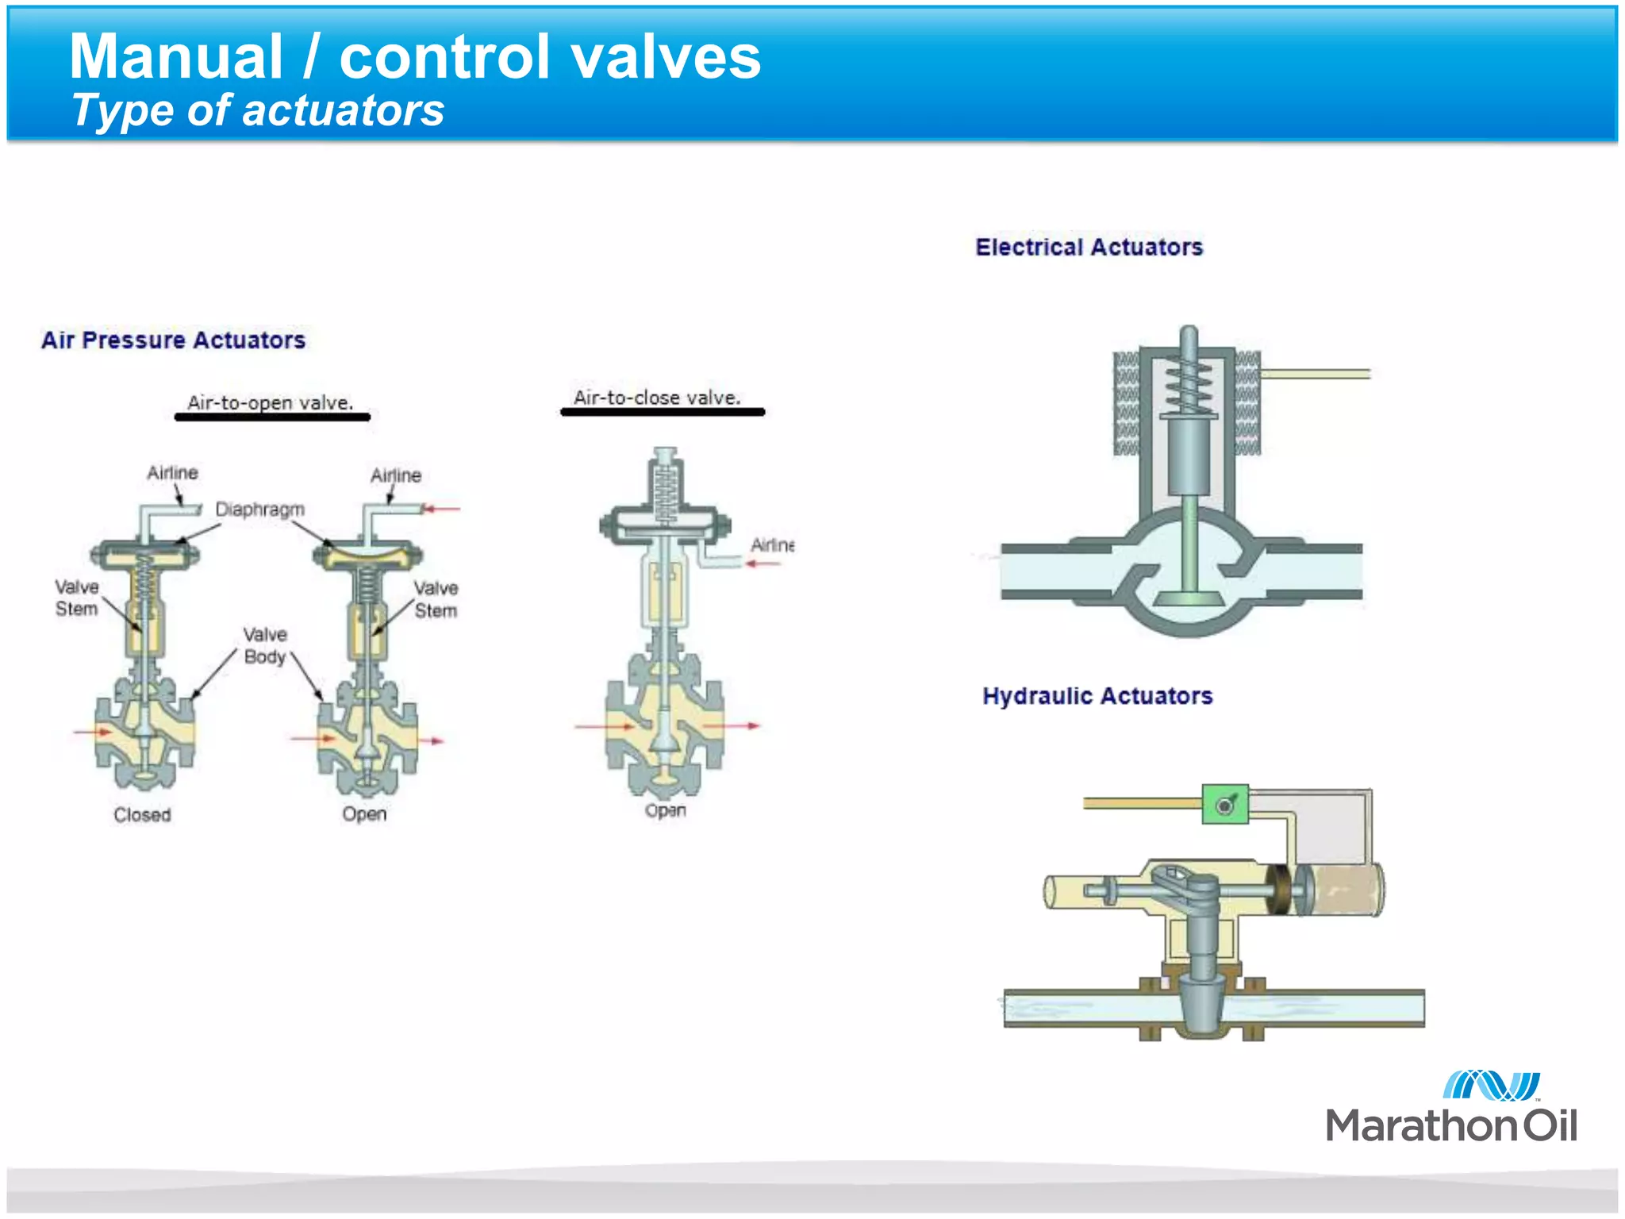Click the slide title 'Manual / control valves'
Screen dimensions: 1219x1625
tap(414, 57)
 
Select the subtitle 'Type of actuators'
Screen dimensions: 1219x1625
tap(257, 110)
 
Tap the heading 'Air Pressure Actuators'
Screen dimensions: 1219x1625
tap(173, 340)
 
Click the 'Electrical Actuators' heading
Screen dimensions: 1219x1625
tap(1089, 248)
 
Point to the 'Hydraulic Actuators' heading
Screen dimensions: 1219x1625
tap(1097, 696)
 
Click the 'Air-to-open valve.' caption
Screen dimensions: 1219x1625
tap(271, 402)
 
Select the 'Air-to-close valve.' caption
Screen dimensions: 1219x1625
tap(657, 398)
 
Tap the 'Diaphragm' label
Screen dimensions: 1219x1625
tap(259, 509)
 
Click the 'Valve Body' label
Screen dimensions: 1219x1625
tap(265, 645)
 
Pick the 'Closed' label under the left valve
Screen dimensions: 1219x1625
tap(142, 814)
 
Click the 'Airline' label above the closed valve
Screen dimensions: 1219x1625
tap(172, 473)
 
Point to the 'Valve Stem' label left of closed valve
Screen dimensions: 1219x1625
tap(77, 598)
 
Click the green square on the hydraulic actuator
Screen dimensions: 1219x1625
tap(1225, 805)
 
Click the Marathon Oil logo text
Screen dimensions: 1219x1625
tap(1450, 1125)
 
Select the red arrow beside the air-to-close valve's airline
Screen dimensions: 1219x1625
tap(763, 563)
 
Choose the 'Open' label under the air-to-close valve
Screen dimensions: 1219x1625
tap(665, 810)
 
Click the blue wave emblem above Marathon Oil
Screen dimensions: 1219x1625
tap(1491, 1085)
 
